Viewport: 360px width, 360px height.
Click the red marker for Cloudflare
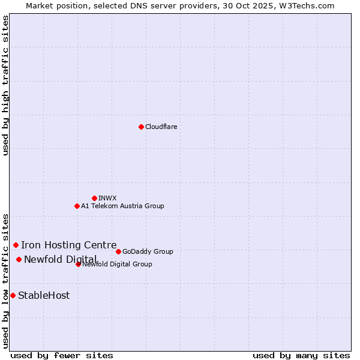[x=141, y=127]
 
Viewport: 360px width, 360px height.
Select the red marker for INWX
[x=94, y=198]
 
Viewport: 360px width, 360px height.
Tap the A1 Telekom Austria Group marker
[x=77, y=206]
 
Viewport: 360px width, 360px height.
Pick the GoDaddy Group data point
[x=118, y=251]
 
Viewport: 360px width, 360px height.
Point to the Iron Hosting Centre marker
[x=16, y=245]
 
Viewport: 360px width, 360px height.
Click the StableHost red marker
[x=13, y=295]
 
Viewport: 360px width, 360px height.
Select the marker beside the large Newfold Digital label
[x=19, y=259]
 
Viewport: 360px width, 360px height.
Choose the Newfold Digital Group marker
[x=78, y=264]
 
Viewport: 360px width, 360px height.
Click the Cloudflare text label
[x=161, y=127]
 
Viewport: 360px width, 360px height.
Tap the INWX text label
[x=107, y=198]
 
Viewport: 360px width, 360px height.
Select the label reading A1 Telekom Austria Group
[x=122, y=206]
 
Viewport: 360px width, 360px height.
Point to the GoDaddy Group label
[x=148, y=251]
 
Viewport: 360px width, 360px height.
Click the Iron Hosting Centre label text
[x=69, y=245]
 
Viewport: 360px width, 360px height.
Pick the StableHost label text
[x=44, y=295]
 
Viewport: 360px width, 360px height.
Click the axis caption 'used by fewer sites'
[x=62, y=355]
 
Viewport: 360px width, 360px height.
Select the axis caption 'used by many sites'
[x=301, y=355]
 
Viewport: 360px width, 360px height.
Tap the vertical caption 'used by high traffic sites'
[x=6, y=85]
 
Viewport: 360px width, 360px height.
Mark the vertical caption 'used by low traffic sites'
[x=6, y=280]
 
